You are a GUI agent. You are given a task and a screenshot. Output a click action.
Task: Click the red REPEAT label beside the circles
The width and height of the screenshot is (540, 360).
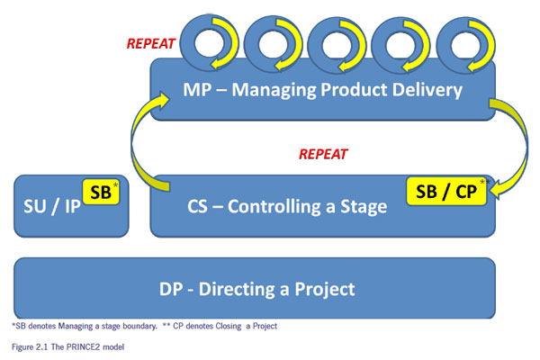pos(151,44)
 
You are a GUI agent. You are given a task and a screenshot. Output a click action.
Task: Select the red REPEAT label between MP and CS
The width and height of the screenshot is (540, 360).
pos(323,154)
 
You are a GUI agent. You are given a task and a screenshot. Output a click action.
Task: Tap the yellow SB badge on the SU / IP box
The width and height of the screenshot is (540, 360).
pos(101,192)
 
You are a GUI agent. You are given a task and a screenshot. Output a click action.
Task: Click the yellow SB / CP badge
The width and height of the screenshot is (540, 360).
pos(446,191)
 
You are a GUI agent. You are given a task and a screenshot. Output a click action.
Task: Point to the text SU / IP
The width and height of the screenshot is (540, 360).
pos(52,207)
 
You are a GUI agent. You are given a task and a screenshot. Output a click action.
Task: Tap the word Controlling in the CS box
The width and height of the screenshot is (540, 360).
pos(274,206)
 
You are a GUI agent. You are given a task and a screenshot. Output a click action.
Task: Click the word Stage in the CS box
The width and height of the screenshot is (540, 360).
pos(364,207)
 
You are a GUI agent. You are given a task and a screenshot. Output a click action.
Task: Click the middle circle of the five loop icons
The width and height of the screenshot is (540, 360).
pos(337,45)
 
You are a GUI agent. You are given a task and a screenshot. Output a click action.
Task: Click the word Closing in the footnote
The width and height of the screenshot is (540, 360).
pos(229,326)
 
